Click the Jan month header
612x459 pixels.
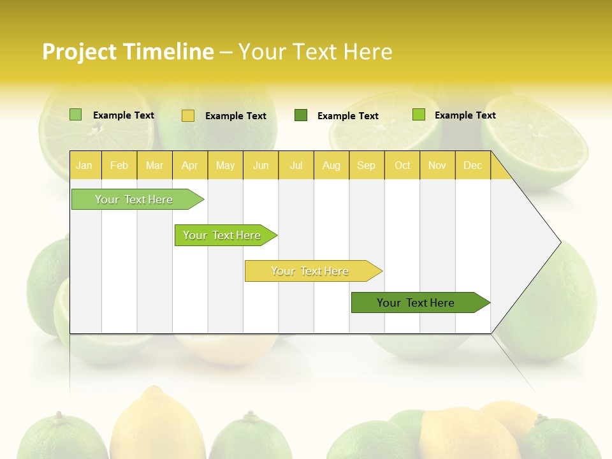tap(84, 165)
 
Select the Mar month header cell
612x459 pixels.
tap(154, 165)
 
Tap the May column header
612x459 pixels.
tap(225, 165)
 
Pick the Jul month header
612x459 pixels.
tap(296, 165)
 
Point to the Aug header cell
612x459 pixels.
tap(331, 165)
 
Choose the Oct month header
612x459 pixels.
tap(402, 165)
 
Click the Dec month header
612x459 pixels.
tap(472, 165)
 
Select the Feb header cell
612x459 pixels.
tap(119, 165)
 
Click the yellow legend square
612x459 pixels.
tap(188, 115)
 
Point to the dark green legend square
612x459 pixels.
tap(301, 115)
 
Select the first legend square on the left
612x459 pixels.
tap(75, 115)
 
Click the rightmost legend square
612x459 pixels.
tap(418, 115)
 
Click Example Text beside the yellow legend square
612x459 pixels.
tap(235, 116)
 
